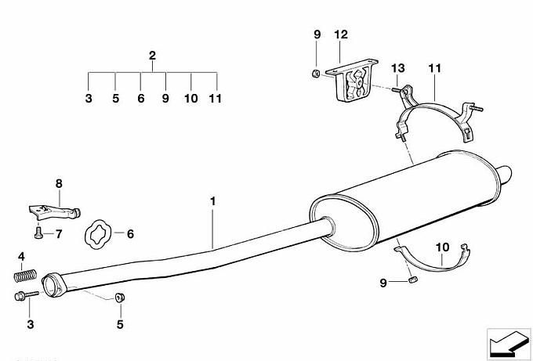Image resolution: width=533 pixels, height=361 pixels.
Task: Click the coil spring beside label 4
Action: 25,275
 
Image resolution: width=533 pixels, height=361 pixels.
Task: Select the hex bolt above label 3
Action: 27,295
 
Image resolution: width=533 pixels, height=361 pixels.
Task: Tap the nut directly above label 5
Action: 120,297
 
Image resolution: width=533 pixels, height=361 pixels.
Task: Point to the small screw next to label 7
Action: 38,233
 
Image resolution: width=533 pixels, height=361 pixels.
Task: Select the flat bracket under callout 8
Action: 54,212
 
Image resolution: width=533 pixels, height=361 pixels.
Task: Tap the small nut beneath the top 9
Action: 316,73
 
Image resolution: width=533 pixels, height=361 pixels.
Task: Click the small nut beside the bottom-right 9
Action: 413,280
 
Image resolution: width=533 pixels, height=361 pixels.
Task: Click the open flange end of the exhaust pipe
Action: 53,284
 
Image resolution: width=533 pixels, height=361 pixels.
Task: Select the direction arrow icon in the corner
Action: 509,344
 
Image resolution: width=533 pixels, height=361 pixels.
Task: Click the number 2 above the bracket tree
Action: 152,56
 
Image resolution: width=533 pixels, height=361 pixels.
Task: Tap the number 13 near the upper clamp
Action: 397,68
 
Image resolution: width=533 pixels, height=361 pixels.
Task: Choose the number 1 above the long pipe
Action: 212,201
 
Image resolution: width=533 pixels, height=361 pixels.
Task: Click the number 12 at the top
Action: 341,34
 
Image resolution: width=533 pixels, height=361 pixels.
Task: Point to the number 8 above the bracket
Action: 59,184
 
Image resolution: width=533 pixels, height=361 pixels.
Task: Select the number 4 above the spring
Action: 21,257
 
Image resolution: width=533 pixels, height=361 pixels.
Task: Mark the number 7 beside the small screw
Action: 59,234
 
